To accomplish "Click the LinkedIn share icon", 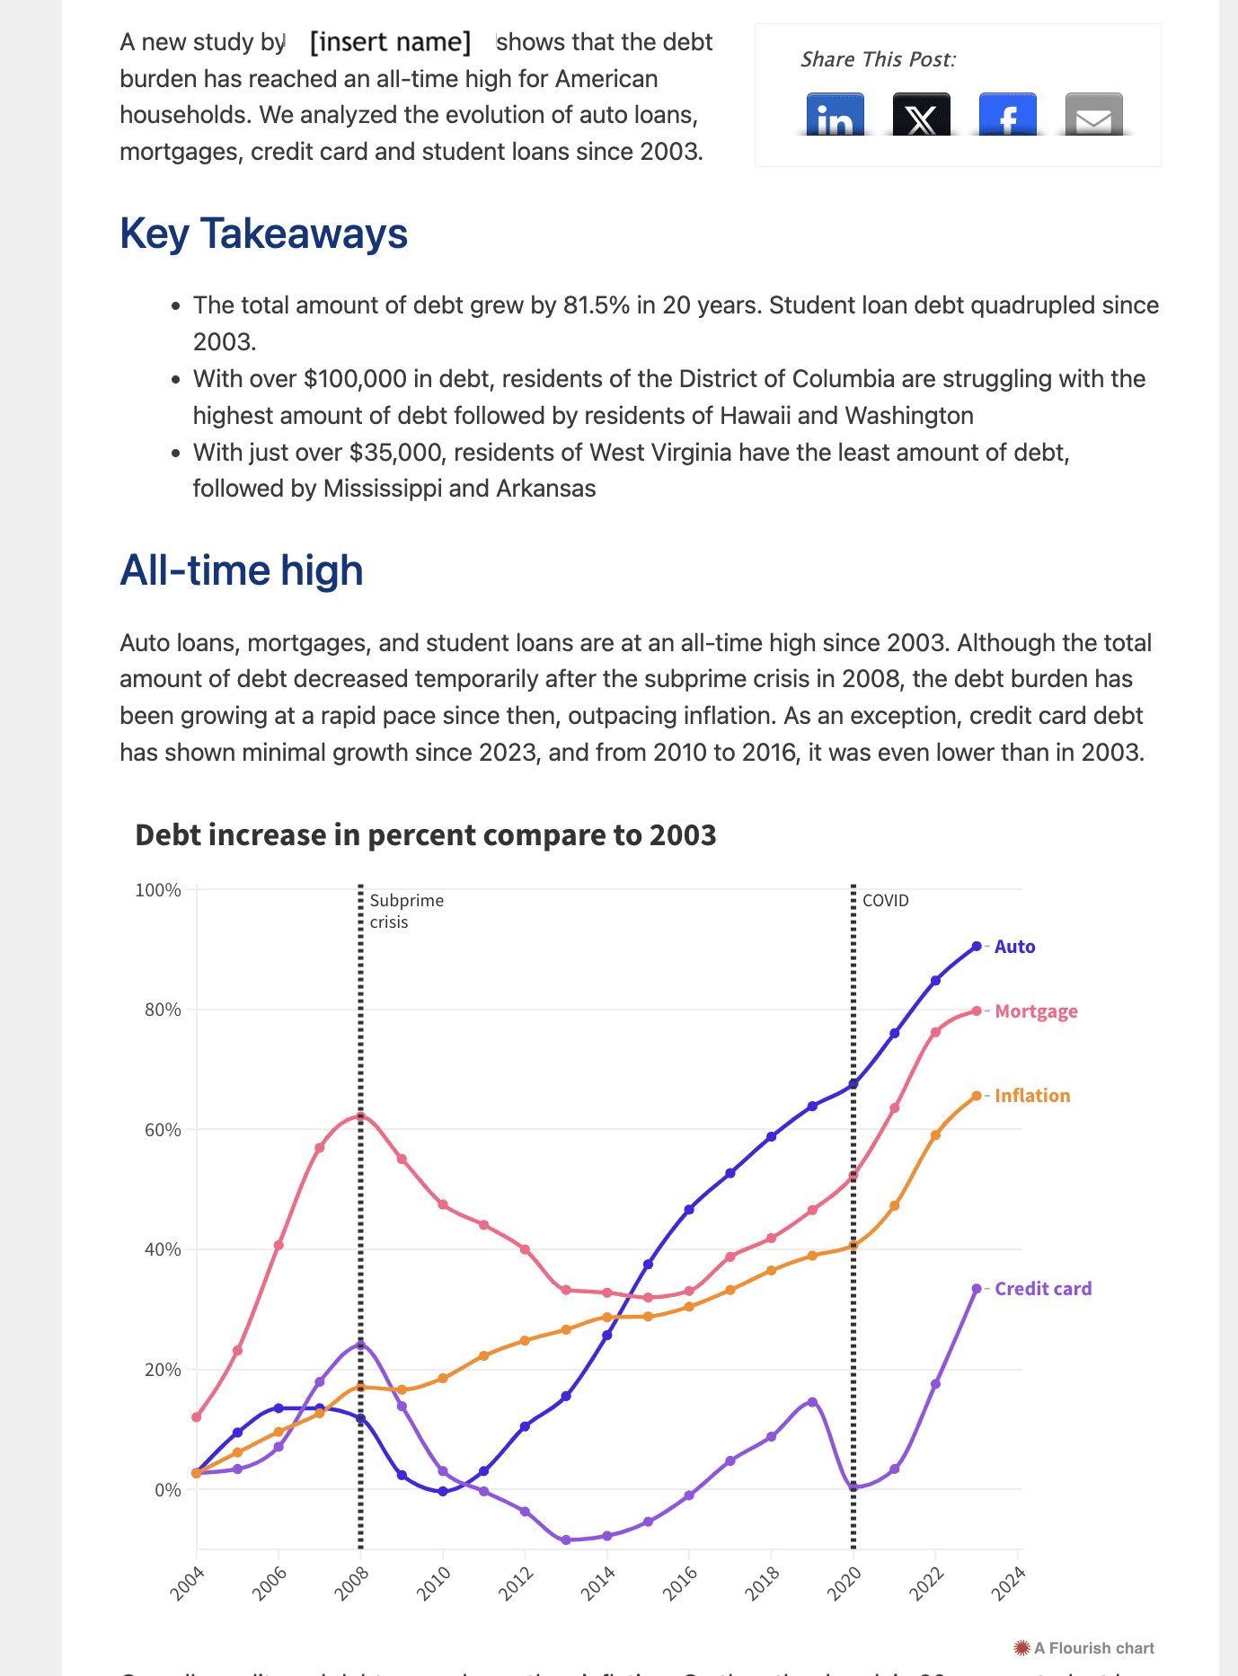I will (835, 115).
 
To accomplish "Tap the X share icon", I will (921, 115).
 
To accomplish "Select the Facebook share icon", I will (1007, 115).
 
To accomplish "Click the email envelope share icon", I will (1093, 115).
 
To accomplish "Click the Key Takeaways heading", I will (263, 234).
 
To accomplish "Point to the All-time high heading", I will (241, 570).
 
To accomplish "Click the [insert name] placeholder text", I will (390, 42).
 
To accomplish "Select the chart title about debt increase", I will (425, 835).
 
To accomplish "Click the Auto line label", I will (1014, 947).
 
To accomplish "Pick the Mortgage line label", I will (1036, 1011).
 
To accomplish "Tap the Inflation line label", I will (1032, 1096).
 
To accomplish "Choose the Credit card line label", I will (1043, 1289).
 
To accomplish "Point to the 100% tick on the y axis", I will (158, 890).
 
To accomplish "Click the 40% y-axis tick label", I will (162, 1249).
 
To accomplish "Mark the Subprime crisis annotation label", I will (406, 911).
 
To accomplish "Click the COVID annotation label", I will (885, 901).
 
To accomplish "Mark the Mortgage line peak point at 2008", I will (360, 1116).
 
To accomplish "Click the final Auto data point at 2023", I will (977, 947).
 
